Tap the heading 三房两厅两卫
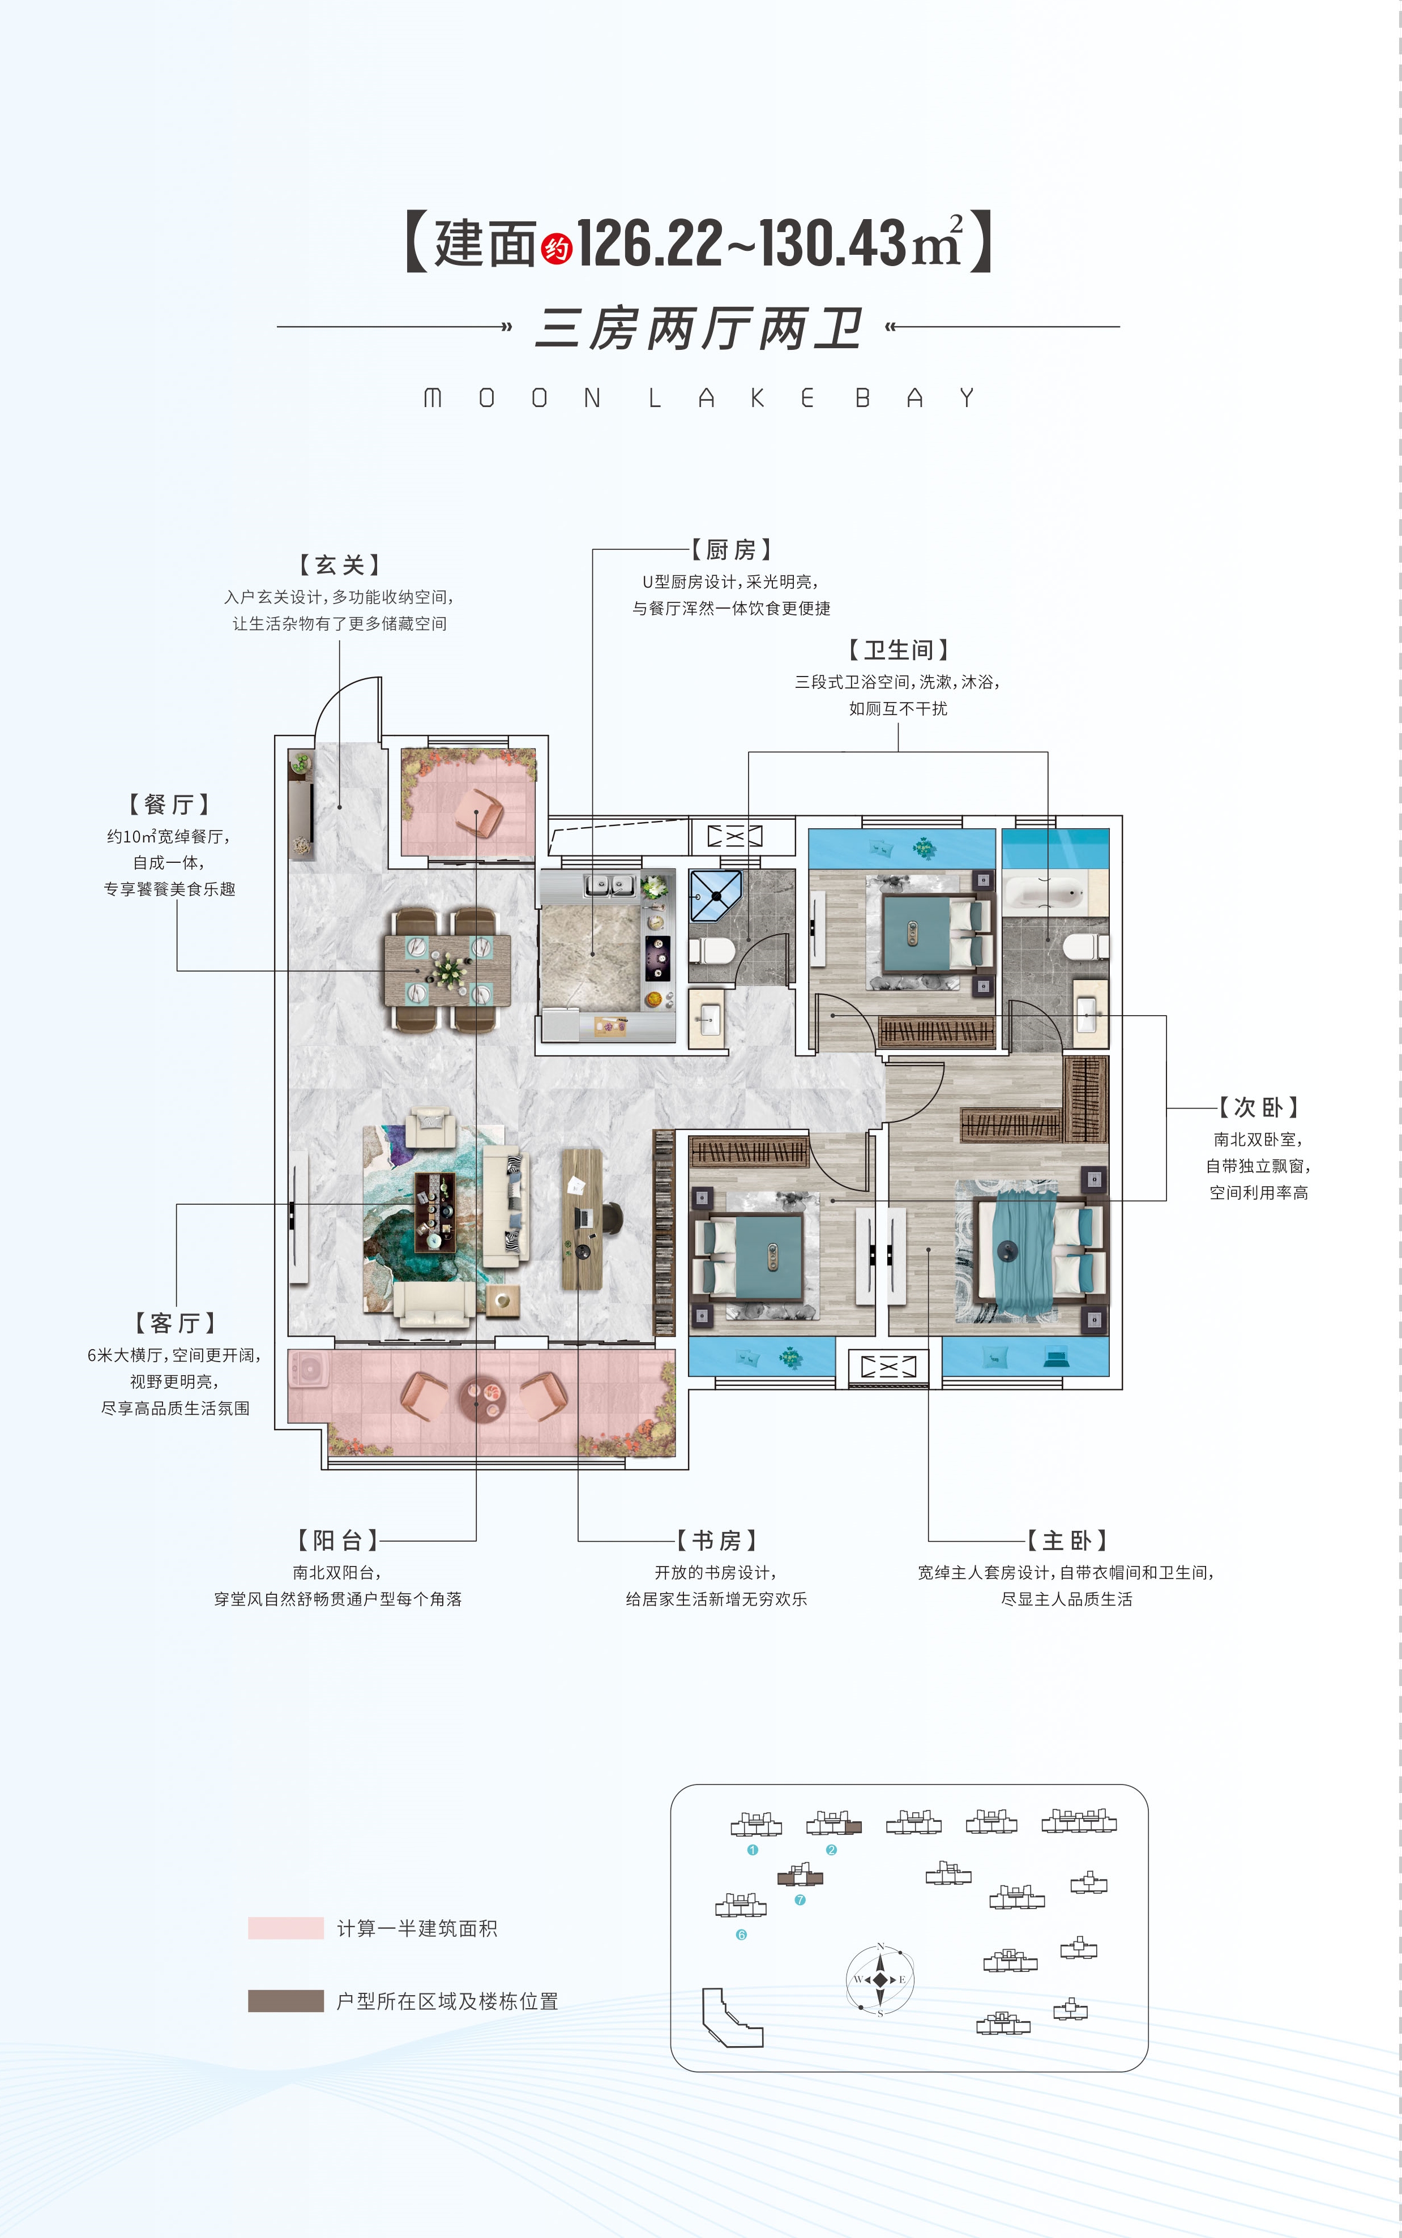700,328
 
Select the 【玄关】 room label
339,564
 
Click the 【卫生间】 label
897,650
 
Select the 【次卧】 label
1258,1107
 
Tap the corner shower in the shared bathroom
715,895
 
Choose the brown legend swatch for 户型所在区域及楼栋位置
285,2001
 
